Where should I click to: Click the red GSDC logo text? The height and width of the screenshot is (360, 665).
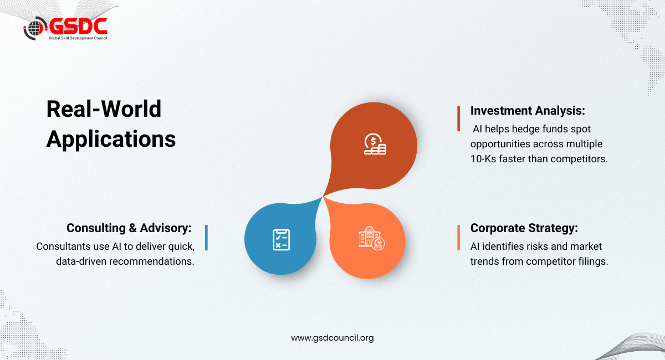(78, 26)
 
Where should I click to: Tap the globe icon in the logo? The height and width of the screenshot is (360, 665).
(35, 28)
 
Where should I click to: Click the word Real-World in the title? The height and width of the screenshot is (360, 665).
(104, 109)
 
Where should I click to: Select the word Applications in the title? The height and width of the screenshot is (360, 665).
(111, 139)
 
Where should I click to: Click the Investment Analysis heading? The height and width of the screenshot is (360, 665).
(528, 111)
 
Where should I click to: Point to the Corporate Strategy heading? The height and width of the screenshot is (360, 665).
(524, 228)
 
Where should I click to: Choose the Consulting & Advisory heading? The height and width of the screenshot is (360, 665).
(129, 228)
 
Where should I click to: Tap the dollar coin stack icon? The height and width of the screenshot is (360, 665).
(375, 144)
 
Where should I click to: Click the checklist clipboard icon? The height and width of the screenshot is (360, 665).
(281, 239)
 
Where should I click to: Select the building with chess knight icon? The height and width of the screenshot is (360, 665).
(371, 238)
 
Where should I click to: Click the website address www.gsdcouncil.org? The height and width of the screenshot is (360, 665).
(332, 338)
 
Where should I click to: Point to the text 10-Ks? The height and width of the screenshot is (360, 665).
(483, 159)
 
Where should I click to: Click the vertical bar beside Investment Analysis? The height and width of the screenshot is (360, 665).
(459, 119)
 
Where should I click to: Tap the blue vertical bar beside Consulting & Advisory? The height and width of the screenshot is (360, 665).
(206, 238)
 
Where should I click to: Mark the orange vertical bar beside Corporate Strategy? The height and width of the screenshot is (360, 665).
(459, 238)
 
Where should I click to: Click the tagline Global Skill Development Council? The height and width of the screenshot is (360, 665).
(78, 38)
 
